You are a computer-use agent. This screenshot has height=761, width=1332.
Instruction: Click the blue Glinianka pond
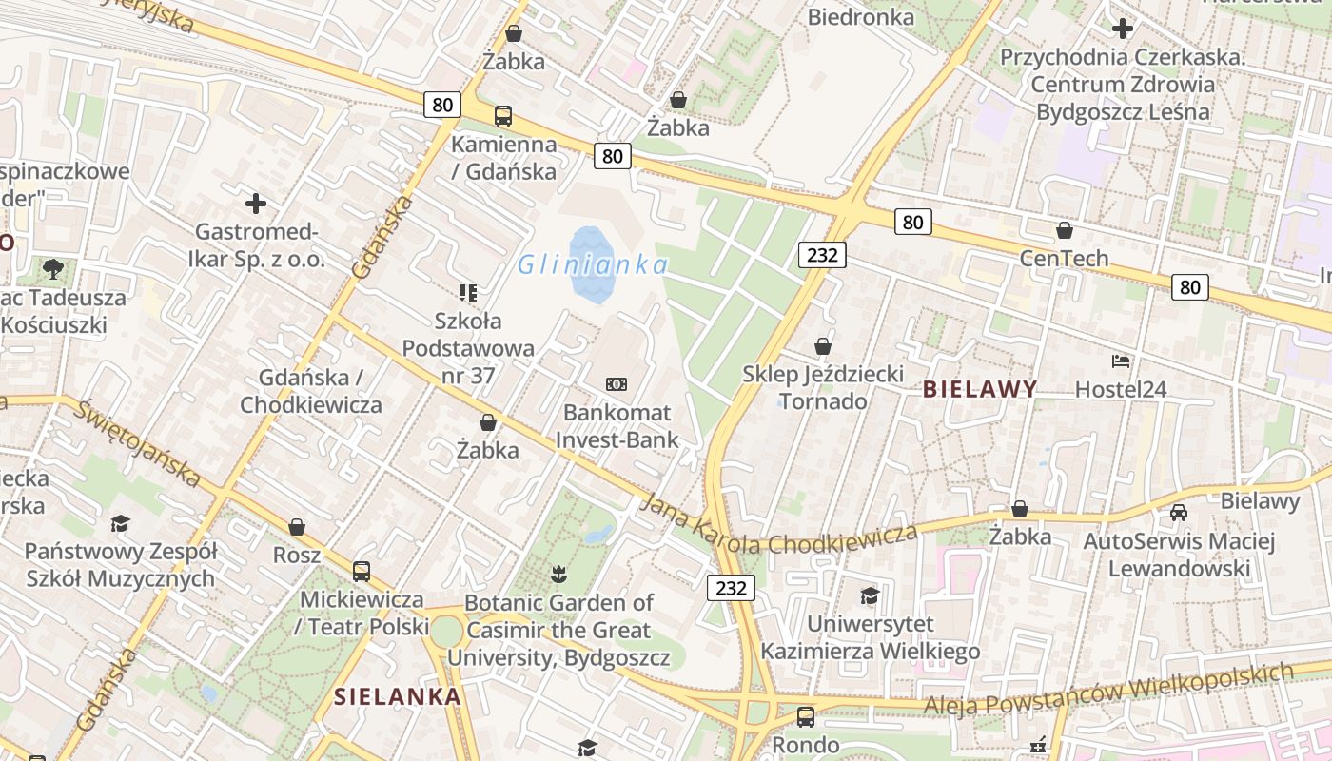589,265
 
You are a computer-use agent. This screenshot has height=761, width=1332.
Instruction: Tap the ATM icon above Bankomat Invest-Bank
617,384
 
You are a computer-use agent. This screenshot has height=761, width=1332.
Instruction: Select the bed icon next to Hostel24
1121,361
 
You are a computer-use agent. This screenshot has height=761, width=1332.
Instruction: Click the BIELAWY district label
980,388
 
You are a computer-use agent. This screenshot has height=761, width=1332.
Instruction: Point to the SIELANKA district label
398,696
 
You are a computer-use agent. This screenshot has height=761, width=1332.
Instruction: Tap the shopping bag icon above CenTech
1065,230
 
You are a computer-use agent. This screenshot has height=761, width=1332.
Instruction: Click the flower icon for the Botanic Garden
558,574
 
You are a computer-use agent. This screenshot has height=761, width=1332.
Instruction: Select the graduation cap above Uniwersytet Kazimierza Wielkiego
870,596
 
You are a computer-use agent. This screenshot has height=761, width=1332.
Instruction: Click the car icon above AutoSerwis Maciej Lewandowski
1179,513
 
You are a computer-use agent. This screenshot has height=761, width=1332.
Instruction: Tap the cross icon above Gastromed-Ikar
256,204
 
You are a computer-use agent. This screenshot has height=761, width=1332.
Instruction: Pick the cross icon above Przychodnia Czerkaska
1123,29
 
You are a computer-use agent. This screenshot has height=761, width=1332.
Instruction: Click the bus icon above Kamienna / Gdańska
503,117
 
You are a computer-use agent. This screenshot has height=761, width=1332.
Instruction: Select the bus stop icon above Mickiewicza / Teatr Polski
362,572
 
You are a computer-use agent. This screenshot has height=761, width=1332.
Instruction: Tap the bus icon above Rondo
806,717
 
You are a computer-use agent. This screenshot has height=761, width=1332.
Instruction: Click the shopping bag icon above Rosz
297,527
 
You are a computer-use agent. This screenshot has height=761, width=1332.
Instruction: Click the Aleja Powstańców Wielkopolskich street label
1108,690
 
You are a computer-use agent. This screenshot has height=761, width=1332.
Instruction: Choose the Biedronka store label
861,16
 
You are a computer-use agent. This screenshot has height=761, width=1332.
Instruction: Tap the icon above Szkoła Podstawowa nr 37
468,292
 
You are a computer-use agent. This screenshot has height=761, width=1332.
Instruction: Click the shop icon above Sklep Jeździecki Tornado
823,346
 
